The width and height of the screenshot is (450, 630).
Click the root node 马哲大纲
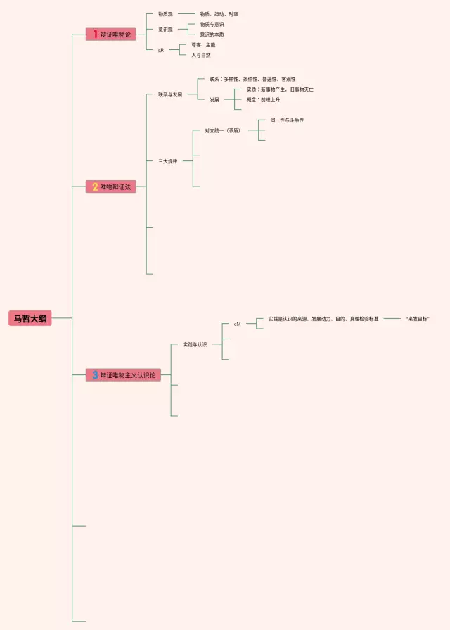point(30,318)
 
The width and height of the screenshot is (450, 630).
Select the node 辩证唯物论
point(115,34)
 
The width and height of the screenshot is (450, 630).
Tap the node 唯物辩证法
point(115,187)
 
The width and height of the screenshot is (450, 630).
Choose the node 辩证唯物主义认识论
point(128,375)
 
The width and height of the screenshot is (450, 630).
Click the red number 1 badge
point(95,34)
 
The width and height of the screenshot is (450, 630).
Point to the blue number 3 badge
point(95,375)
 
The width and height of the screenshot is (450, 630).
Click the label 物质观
point(165,14)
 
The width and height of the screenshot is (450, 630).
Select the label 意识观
point(165,29)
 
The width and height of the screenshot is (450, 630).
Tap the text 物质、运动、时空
point(219,14)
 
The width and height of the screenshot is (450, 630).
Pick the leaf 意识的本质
point(212,34)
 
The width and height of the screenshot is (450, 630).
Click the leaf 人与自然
point(200,55)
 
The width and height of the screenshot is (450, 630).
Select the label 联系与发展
point(170,94)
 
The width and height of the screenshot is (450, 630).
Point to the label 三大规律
point(167,161)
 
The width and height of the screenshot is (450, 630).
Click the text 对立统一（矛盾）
point(222,130)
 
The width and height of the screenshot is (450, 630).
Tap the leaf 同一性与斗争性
point(287,120)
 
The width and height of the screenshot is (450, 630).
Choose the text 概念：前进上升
point(263,100)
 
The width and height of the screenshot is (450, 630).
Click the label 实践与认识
point(195,344)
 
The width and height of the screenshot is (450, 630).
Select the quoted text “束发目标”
point(417,319)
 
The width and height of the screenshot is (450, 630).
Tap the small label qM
point(238,325)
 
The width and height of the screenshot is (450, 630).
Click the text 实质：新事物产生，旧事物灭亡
point(280,89)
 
